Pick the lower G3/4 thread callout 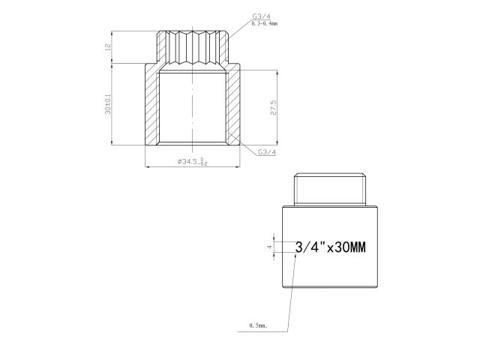[266, 151]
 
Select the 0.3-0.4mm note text [265, 24]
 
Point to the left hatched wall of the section [152, 105]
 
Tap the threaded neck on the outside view [332, 190]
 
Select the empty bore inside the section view [180, 105]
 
